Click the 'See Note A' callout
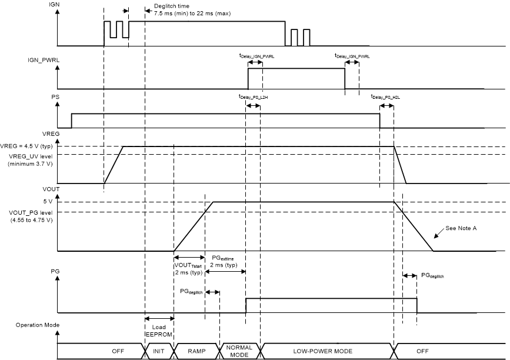coord(461,228)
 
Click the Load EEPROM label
coord(159,331)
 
